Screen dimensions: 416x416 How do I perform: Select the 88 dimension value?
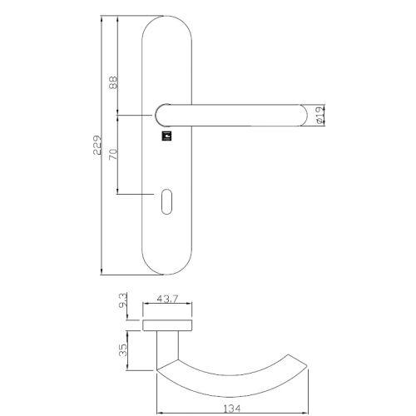click(113, 83)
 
